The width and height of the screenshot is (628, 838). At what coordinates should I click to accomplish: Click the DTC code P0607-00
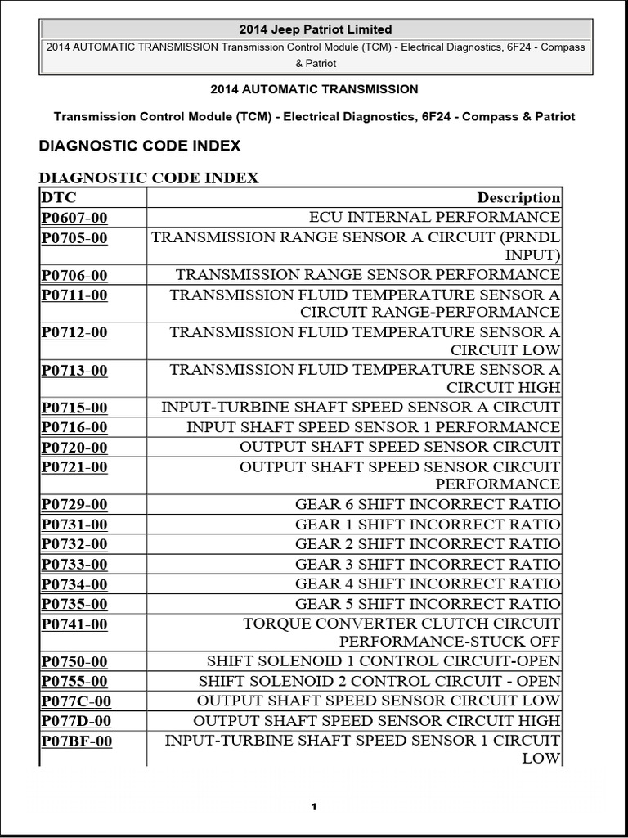[x=74, y=218]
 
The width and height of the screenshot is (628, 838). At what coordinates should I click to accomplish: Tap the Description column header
[x=518, y=197]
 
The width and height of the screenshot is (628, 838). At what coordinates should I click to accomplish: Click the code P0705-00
[x=74, y=238]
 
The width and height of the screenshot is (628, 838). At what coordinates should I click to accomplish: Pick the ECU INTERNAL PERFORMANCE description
[x=434, y=217]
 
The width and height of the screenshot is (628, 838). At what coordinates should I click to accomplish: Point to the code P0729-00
[x=74, y=505]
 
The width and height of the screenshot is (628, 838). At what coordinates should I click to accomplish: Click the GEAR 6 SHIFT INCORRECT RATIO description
[x=428, y=504]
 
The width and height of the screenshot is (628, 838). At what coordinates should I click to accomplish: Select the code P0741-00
[x=74, y=624]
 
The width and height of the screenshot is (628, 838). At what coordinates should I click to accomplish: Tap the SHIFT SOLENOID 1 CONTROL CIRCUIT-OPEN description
[x=384, y=661]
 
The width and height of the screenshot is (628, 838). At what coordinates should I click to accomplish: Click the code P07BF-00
[x=77, y=741]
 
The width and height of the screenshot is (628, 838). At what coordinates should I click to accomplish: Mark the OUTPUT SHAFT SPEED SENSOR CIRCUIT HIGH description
[x=377, y=721]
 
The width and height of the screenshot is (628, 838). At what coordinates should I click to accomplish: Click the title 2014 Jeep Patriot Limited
[x=314, y=29]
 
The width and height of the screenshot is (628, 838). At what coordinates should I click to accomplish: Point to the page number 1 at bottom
[x=313, y=808]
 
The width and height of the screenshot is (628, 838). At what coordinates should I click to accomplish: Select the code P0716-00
[x=74, y=427]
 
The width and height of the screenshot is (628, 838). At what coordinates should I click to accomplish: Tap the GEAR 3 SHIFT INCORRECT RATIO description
[x=428, y=564]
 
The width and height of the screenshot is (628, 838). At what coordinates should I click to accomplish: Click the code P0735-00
[x=74, y=605]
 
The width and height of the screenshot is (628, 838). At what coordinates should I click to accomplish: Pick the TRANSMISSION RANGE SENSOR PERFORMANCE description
[x=368, y=275]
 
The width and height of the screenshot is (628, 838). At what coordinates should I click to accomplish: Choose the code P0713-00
[x=74, y=371]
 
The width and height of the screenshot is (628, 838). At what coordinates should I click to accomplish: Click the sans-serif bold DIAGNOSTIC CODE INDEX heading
[x=140, y=146]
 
